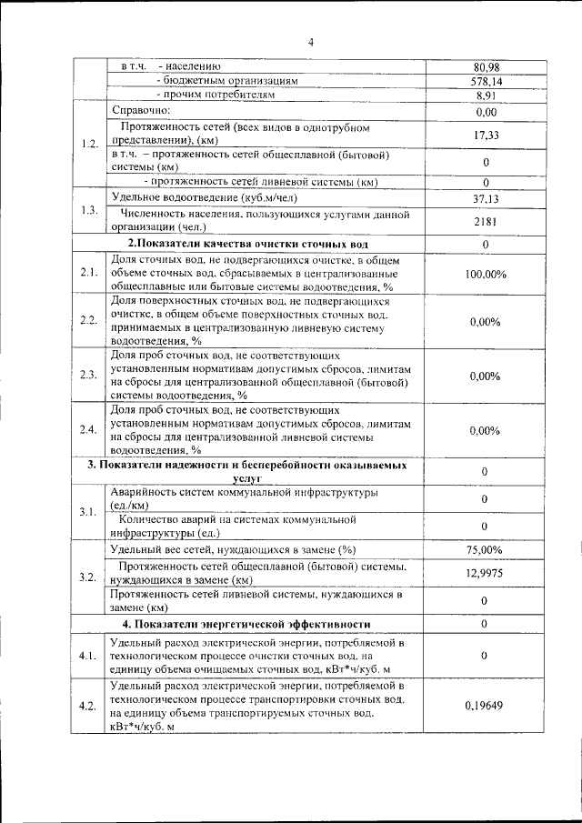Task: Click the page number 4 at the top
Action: pyautogui.click(x=309, y=42)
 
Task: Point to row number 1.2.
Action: pyautogui.click(x=89, y=145)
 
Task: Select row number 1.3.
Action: pyautogui.click(x=89, y=211)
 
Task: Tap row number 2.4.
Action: pyautogui.click(x=89, y=429)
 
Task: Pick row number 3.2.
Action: pyautogui.click(x=89, y=577)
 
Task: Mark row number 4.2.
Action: pyautogui.click(x=89, y=706)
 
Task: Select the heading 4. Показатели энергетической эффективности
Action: pyautogui.click(x=246, y=624)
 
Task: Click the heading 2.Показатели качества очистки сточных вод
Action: pyautogui.click(x=247, y=245)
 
